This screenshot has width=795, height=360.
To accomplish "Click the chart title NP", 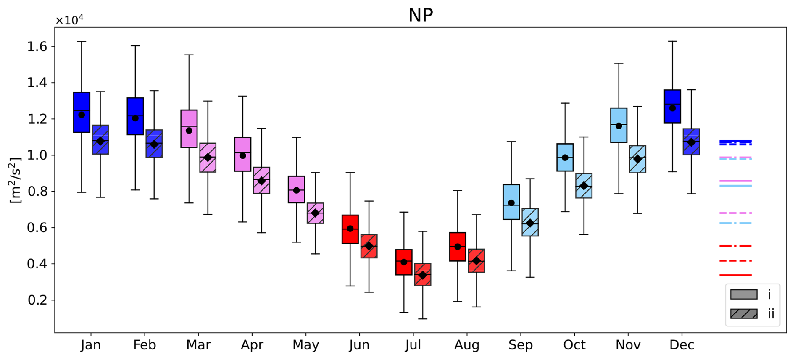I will tap(420, 15).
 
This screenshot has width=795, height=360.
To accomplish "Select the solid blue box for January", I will tap(82, 112).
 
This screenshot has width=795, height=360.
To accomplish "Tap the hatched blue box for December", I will tap(691, 142).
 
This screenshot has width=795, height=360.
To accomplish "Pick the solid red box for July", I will tap(404, 262).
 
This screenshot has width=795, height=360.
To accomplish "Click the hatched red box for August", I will tap(476, 260).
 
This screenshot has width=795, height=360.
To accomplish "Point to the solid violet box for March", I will tap(189, 129).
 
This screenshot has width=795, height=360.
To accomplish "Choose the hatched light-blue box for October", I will tap(584, 186).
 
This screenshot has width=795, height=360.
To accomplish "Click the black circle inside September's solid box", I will tap(511, 203).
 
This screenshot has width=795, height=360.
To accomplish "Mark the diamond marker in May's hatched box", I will tap(315, 213).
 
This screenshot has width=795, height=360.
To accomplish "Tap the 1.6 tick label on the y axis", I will tap(37, 46).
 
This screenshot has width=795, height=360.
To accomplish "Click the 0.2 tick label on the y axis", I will tap(37, 300).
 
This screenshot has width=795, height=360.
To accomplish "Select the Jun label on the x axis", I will tap(359, 345).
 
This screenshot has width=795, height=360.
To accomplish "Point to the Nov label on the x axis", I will tap(628, 345).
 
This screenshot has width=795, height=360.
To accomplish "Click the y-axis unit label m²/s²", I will tap(16, 181).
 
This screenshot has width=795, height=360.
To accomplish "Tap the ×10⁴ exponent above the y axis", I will tap(69, 20).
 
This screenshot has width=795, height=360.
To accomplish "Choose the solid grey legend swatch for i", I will tap(744, 294).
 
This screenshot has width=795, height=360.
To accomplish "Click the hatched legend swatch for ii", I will tap(744, 314).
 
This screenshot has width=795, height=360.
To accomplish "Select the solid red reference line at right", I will tap(735, 275).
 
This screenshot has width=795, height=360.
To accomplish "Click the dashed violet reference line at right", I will tap(735, 213).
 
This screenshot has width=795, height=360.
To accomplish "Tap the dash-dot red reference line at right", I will tap(735, 246).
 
